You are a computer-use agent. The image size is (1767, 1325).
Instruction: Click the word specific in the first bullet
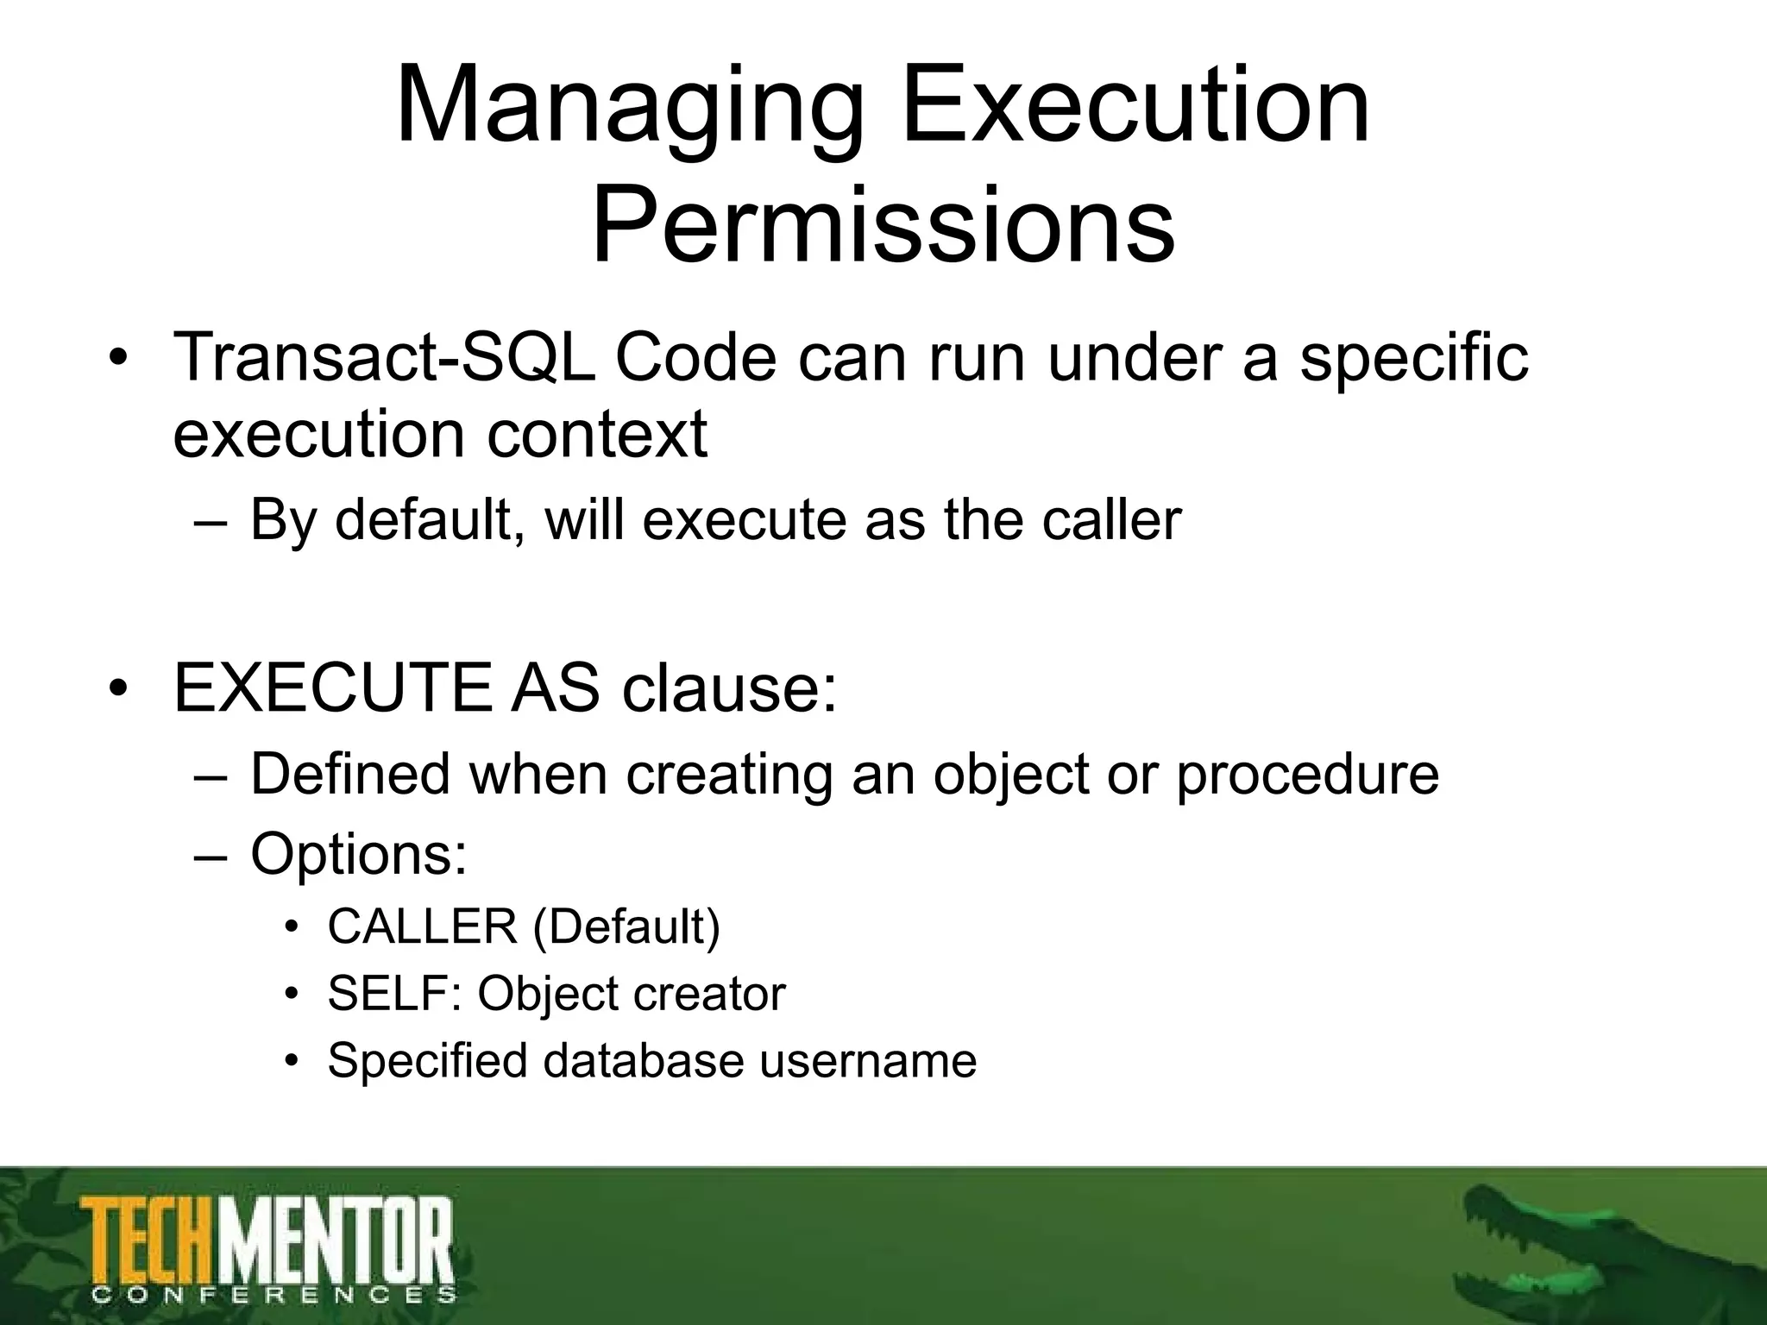click(x=1414, y=358)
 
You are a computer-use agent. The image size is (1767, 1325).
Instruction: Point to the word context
click(x=597, y=434)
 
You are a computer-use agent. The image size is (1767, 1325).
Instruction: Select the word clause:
click(x=729, y=688)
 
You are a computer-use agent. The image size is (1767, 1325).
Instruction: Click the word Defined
click(x=350, y=774)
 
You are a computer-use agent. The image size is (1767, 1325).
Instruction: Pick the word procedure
click(x=1307, y=774)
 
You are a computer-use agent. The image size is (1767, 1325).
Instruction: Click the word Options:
click(x=359, y=854)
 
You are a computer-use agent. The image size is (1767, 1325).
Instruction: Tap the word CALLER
click(x=422, y=927)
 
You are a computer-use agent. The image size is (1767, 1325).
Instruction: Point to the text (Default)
click(x=626, y=927)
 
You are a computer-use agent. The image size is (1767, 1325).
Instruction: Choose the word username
click(x=868, y=1060)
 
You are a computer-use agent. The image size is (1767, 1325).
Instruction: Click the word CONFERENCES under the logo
click(x=273, y=1295)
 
